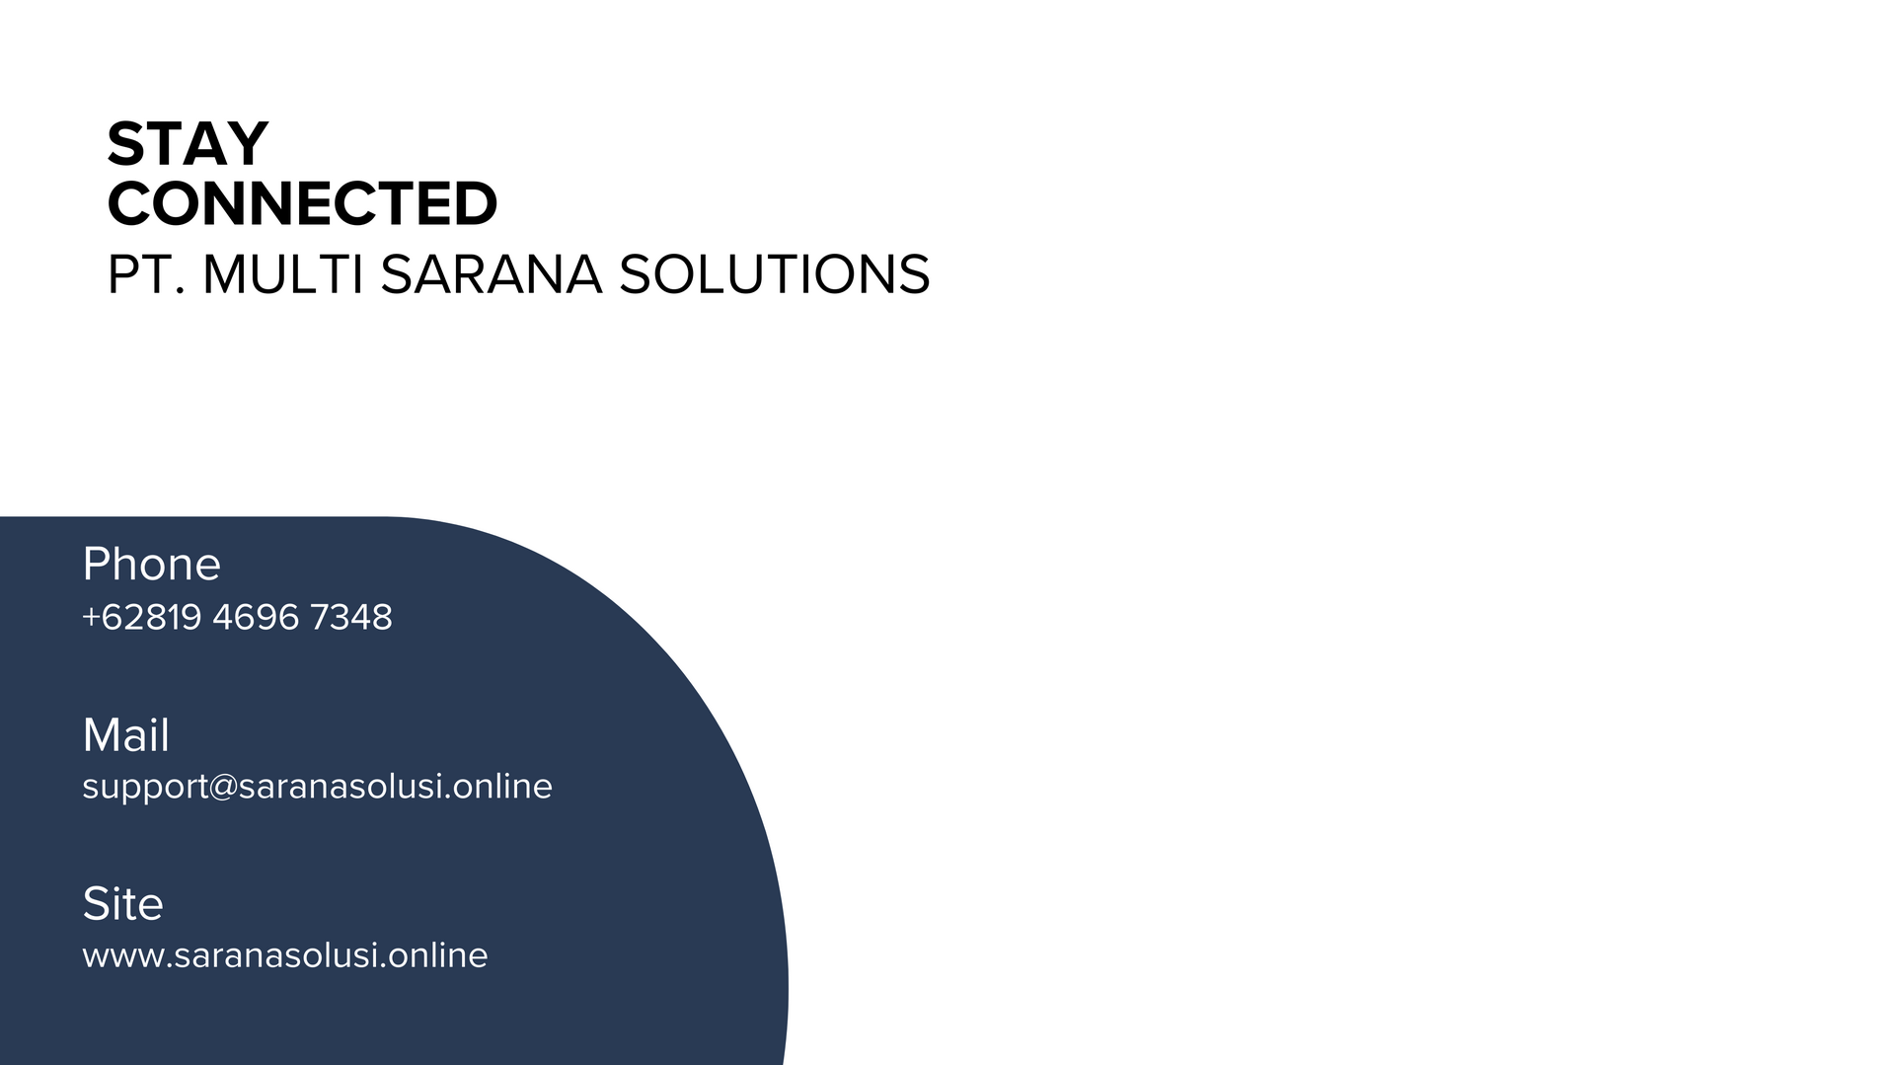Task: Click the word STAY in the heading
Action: coord(188,144)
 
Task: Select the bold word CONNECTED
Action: coord(302,203)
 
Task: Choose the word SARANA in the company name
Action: coord(492,274)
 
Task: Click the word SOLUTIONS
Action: coord(775,274)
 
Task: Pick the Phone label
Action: coord(152,564)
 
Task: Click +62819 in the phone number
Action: coord(142,617)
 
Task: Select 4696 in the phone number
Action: coord(256,617)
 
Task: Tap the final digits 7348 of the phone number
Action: coord(351,617)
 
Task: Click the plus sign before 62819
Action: coord(91,618)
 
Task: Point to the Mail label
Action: coord(126,735)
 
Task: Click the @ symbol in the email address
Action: coord(223,788)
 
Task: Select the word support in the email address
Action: coord(146,788)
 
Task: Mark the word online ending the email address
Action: coord(502,786)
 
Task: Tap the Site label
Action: coord(122,904)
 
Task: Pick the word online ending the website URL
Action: coord(438,954)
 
